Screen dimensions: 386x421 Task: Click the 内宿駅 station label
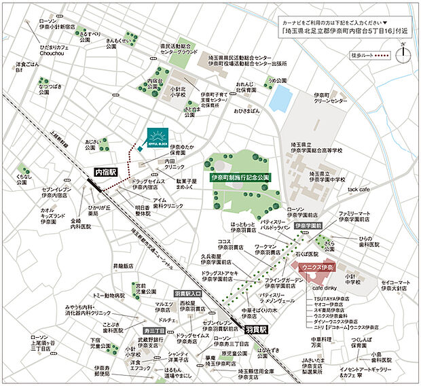105,173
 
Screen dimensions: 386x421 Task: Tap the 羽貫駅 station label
252,328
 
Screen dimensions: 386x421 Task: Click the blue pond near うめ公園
278,100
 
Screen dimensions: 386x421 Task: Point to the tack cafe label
358,190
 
